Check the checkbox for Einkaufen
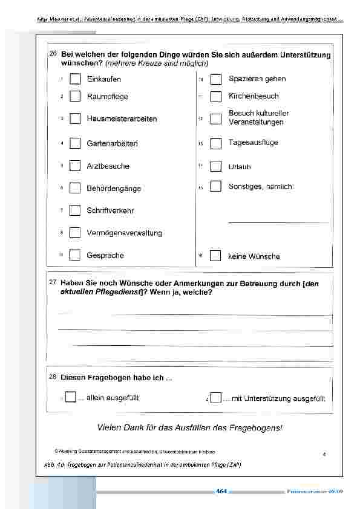point(75,79)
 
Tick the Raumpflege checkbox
point(75,96)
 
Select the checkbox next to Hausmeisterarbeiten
point(75,118)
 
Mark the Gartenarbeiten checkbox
point(75,143)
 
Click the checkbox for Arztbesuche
point(75,166)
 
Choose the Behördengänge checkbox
point(75,188)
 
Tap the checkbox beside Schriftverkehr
point(75,210)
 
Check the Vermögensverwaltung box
point(75,233)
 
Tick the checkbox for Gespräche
point(75,255)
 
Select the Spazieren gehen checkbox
point(215,79)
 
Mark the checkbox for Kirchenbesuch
point(215,96)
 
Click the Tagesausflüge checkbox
point(215,143)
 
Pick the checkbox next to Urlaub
point(215,166)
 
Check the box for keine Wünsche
point(215,256)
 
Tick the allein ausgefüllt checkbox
point(71,398)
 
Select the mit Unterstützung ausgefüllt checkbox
point(216,398)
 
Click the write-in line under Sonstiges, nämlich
point(278,222)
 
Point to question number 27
point(53,282)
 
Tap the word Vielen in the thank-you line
point(110,427)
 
